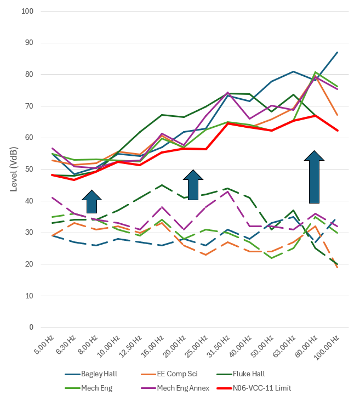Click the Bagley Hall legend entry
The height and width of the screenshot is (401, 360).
coord(91,374)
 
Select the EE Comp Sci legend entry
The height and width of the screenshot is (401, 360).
coord(169,374)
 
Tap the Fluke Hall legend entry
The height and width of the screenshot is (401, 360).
coord(241,374)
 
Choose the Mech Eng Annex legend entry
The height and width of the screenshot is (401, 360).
coord(175,388)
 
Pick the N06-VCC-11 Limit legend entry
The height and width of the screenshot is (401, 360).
coord(254,388)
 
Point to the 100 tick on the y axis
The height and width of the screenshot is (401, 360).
coord(27,12)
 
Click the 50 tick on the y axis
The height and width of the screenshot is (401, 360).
coord(30,170)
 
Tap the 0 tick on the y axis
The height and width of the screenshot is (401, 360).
coord(31,327)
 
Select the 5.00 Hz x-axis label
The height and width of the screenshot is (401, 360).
coord(44,344)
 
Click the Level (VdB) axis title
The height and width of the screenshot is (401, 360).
coord(14,170)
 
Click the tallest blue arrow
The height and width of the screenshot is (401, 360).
coord(315,177)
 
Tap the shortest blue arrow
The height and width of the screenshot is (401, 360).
coord(92,201)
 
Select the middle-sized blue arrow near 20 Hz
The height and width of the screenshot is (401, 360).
coord(193,185)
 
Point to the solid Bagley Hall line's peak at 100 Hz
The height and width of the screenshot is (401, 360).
coord(338,53)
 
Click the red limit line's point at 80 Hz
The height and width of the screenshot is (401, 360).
coord(315,116)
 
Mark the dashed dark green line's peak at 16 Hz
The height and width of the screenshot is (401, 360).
coord(162,185)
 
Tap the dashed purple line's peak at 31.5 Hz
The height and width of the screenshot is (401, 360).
coord(227,191)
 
